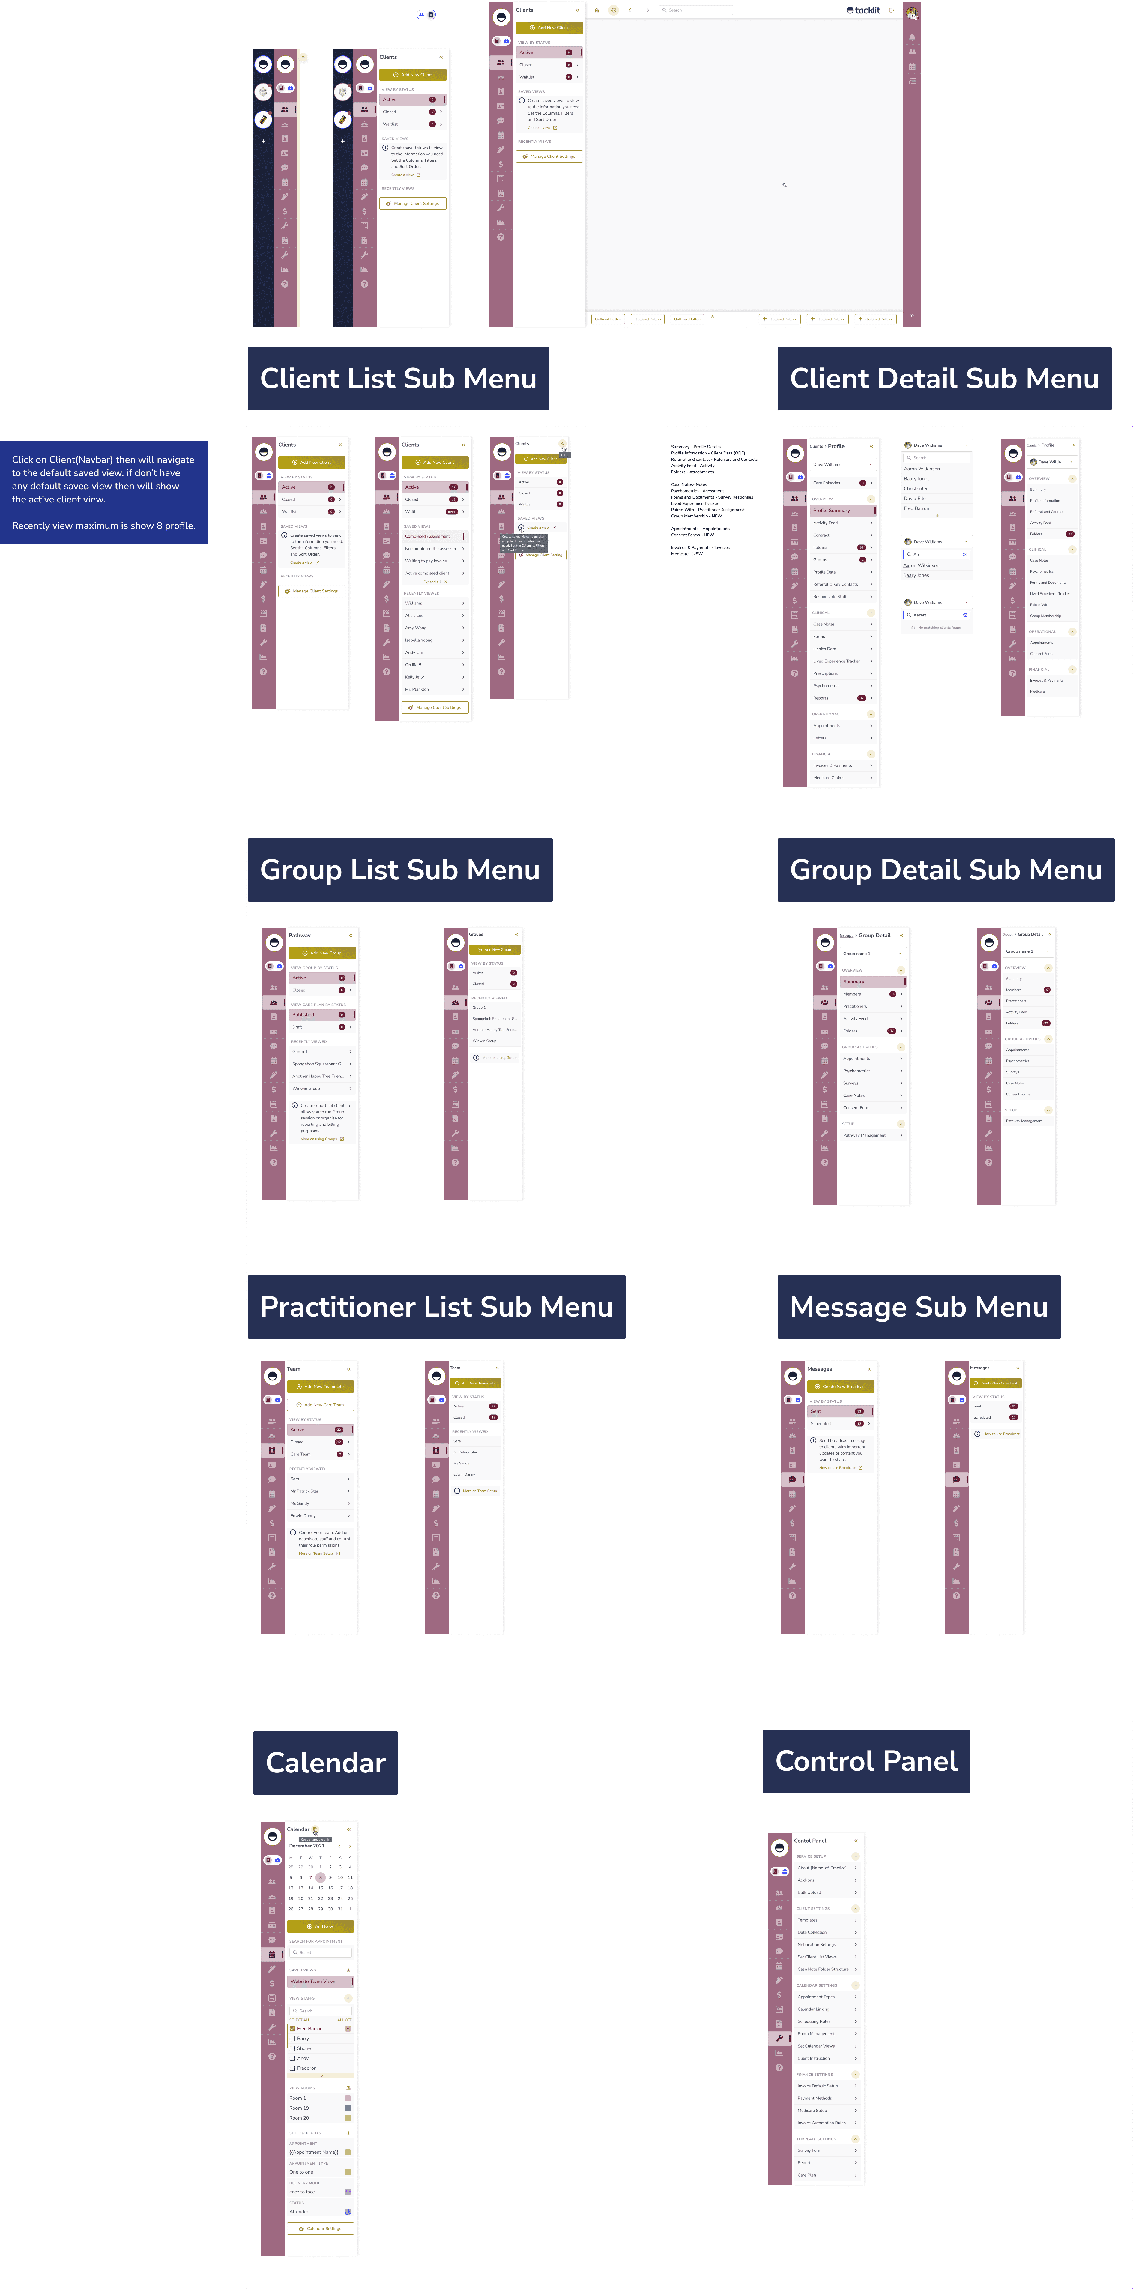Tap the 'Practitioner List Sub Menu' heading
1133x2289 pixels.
pyautogui.click(x=436, y=1307)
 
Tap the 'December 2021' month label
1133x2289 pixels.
pyautogui.click(x=306, y=1846)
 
